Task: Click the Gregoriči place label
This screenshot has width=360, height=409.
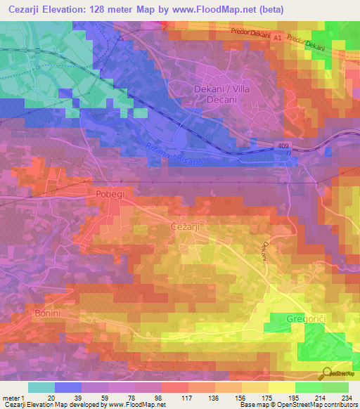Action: (306, 319)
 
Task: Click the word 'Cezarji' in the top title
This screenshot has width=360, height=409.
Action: (25, 9)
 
